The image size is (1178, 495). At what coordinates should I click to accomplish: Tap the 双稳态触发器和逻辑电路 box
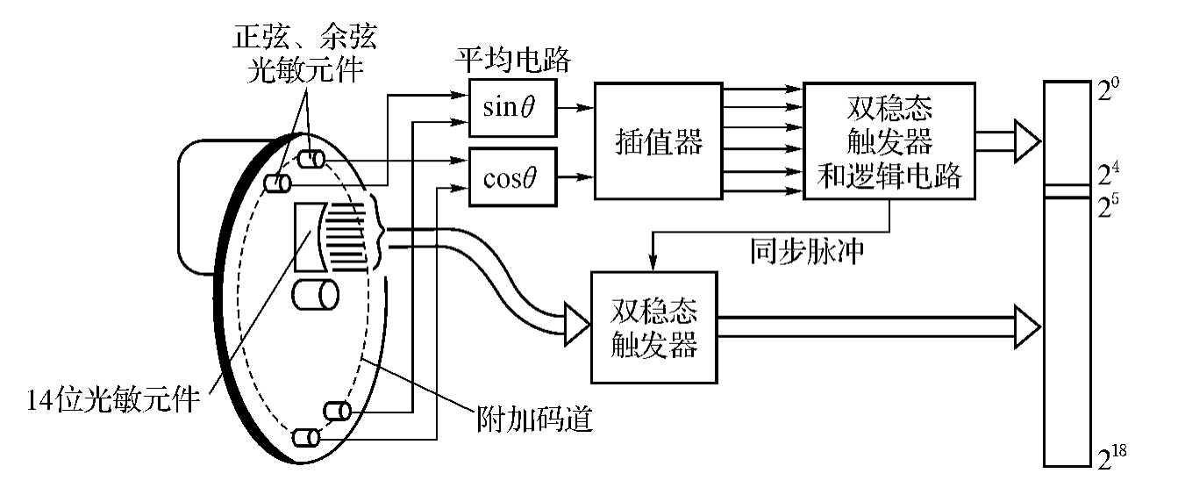coord(889,141)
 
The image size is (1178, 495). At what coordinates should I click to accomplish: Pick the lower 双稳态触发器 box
coord(654,326)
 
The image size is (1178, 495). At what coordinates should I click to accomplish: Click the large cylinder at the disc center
coord(316,294)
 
